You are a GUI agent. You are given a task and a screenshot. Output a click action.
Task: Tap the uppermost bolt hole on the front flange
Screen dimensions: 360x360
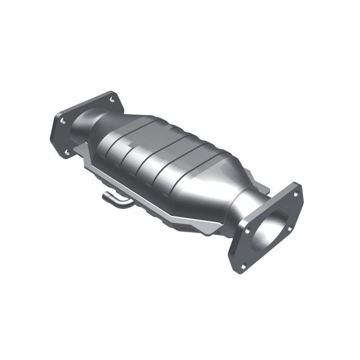click(296, 194)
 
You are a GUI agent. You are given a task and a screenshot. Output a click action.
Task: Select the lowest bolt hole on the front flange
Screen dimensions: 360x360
click(243, 266)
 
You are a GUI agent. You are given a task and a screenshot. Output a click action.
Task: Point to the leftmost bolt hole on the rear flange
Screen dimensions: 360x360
click(63, 121)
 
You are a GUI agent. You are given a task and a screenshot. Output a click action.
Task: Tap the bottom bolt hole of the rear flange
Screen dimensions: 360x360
click(67, 153)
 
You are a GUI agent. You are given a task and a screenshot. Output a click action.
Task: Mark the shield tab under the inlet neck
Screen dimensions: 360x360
click(81, 148)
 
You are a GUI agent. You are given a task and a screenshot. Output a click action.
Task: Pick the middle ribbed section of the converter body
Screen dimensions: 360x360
click(153, 157)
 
